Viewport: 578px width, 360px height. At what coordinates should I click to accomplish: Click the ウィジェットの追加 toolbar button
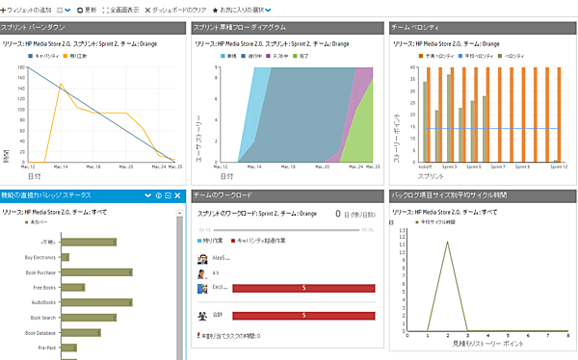coord(28,9)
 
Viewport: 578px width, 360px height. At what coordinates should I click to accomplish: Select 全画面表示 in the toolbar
coord(121,9)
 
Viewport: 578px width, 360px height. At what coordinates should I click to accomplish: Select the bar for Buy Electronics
coord(65,257)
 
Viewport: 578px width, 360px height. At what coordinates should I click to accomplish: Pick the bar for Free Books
coord(72,287)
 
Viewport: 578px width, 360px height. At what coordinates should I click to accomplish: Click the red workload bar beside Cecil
coord(303,288)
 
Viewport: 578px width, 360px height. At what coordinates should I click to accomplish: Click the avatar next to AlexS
coord(201,258)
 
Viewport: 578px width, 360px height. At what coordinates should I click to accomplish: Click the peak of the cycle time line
coord(446,242)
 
